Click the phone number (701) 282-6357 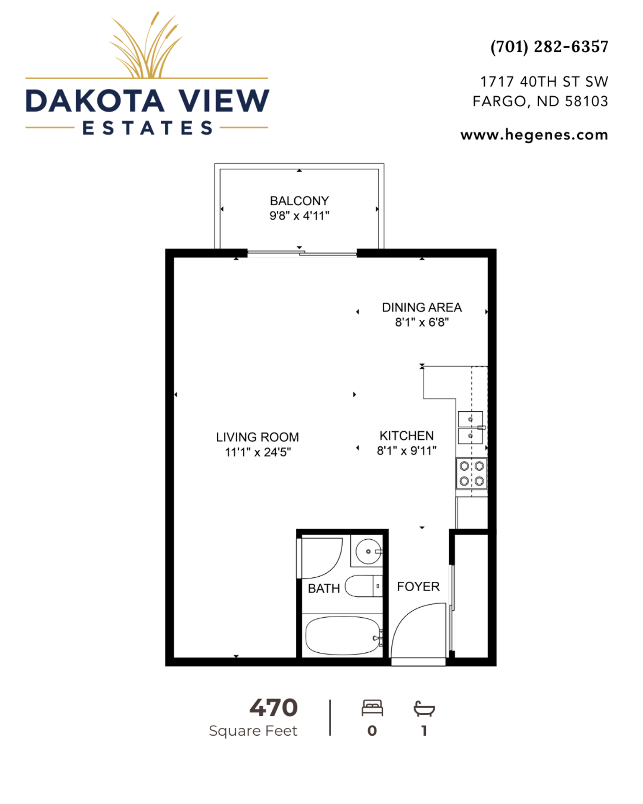[x=549, y=46]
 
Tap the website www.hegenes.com [x=534, y=135]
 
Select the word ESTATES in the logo [x=147, y=128]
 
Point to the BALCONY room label [x=299, y=201]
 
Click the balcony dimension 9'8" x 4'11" [x=299, y=216]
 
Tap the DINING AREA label [x=422, y=307]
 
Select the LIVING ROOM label [x=257, y=437]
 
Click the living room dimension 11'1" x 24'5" [x=257, y=452]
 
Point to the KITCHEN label [x=406, y=436]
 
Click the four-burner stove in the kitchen [x=471, y=474]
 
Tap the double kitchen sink [x=471, y=428]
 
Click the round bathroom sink [x=368, y=551]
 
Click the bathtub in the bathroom [x=343, y=636]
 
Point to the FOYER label [x=418, y=587]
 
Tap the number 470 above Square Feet [x=273, y=708]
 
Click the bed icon [x=372, y=708]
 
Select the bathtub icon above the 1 [x=424, y=709]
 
